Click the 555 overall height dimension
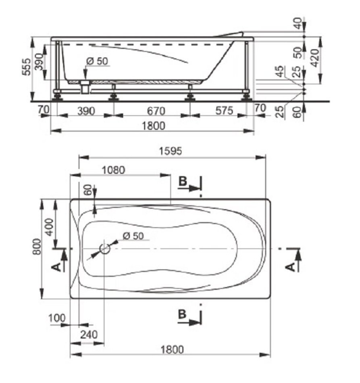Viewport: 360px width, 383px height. click(27, 67)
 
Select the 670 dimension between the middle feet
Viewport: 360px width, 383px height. click(156, 111)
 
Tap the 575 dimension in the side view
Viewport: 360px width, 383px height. click(224, 111)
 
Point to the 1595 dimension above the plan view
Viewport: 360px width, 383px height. click(171, 151)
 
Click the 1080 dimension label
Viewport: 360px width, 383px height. click(113, 170)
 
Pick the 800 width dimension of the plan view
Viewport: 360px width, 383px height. click(37, 246)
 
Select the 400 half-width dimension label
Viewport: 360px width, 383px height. click(49, 227)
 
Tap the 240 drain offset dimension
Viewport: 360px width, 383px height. click(89, 334)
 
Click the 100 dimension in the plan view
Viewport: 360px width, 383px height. click(57, 318)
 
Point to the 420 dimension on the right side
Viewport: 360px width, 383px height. click(315, 58)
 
